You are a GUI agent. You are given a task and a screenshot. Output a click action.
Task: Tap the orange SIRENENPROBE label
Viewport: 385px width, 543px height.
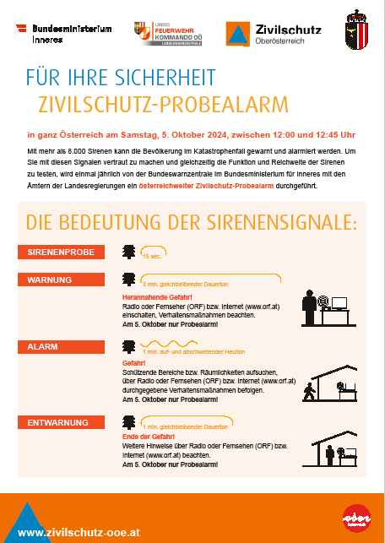point(60,252)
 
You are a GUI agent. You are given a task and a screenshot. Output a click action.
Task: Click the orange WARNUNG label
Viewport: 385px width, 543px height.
point(60,280)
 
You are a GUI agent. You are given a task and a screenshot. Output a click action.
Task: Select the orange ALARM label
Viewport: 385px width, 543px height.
point(60,347)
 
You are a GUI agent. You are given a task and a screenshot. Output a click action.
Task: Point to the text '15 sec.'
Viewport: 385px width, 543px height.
point(152,255)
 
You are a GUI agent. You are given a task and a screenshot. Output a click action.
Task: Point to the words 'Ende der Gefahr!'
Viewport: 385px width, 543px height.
point(146,437)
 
